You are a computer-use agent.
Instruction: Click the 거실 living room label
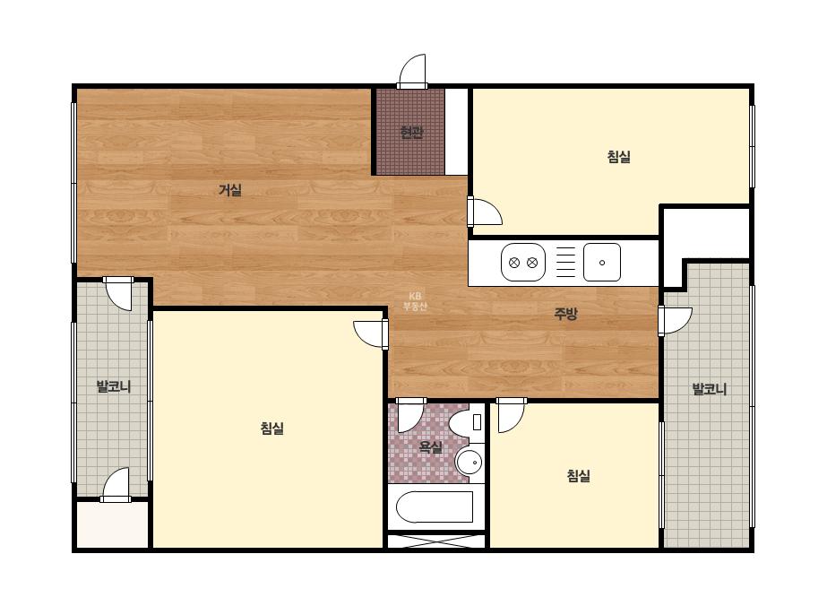point(230,190)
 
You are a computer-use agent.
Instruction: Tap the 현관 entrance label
point(411,132)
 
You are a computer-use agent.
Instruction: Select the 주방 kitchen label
point(565,314)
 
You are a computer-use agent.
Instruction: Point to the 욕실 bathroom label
point(430,447)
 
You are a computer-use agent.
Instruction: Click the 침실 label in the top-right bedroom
point(618,157)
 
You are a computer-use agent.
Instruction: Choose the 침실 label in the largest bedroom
point(272,429)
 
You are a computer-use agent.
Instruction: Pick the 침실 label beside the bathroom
point(579,476)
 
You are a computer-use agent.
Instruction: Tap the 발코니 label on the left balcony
point(114,387)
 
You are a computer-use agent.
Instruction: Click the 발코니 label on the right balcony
point(710,390)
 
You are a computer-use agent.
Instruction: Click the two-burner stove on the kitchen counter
point(522,263)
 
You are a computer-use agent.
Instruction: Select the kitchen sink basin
point(602,263)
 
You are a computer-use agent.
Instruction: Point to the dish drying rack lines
point(566,263)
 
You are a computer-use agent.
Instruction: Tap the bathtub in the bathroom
point(434,507)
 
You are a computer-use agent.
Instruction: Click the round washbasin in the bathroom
point(469,463)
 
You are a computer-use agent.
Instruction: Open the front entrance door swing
point(412,71)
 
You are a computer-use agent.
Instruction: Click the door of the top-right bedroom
point(486,212)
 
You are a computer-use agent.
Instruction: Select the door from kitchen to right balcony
point(675,320)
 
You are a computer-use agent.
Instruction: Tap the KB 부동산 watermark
point(415,301)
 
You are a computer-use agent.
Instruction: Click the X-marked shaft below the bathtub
point(436,541)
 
